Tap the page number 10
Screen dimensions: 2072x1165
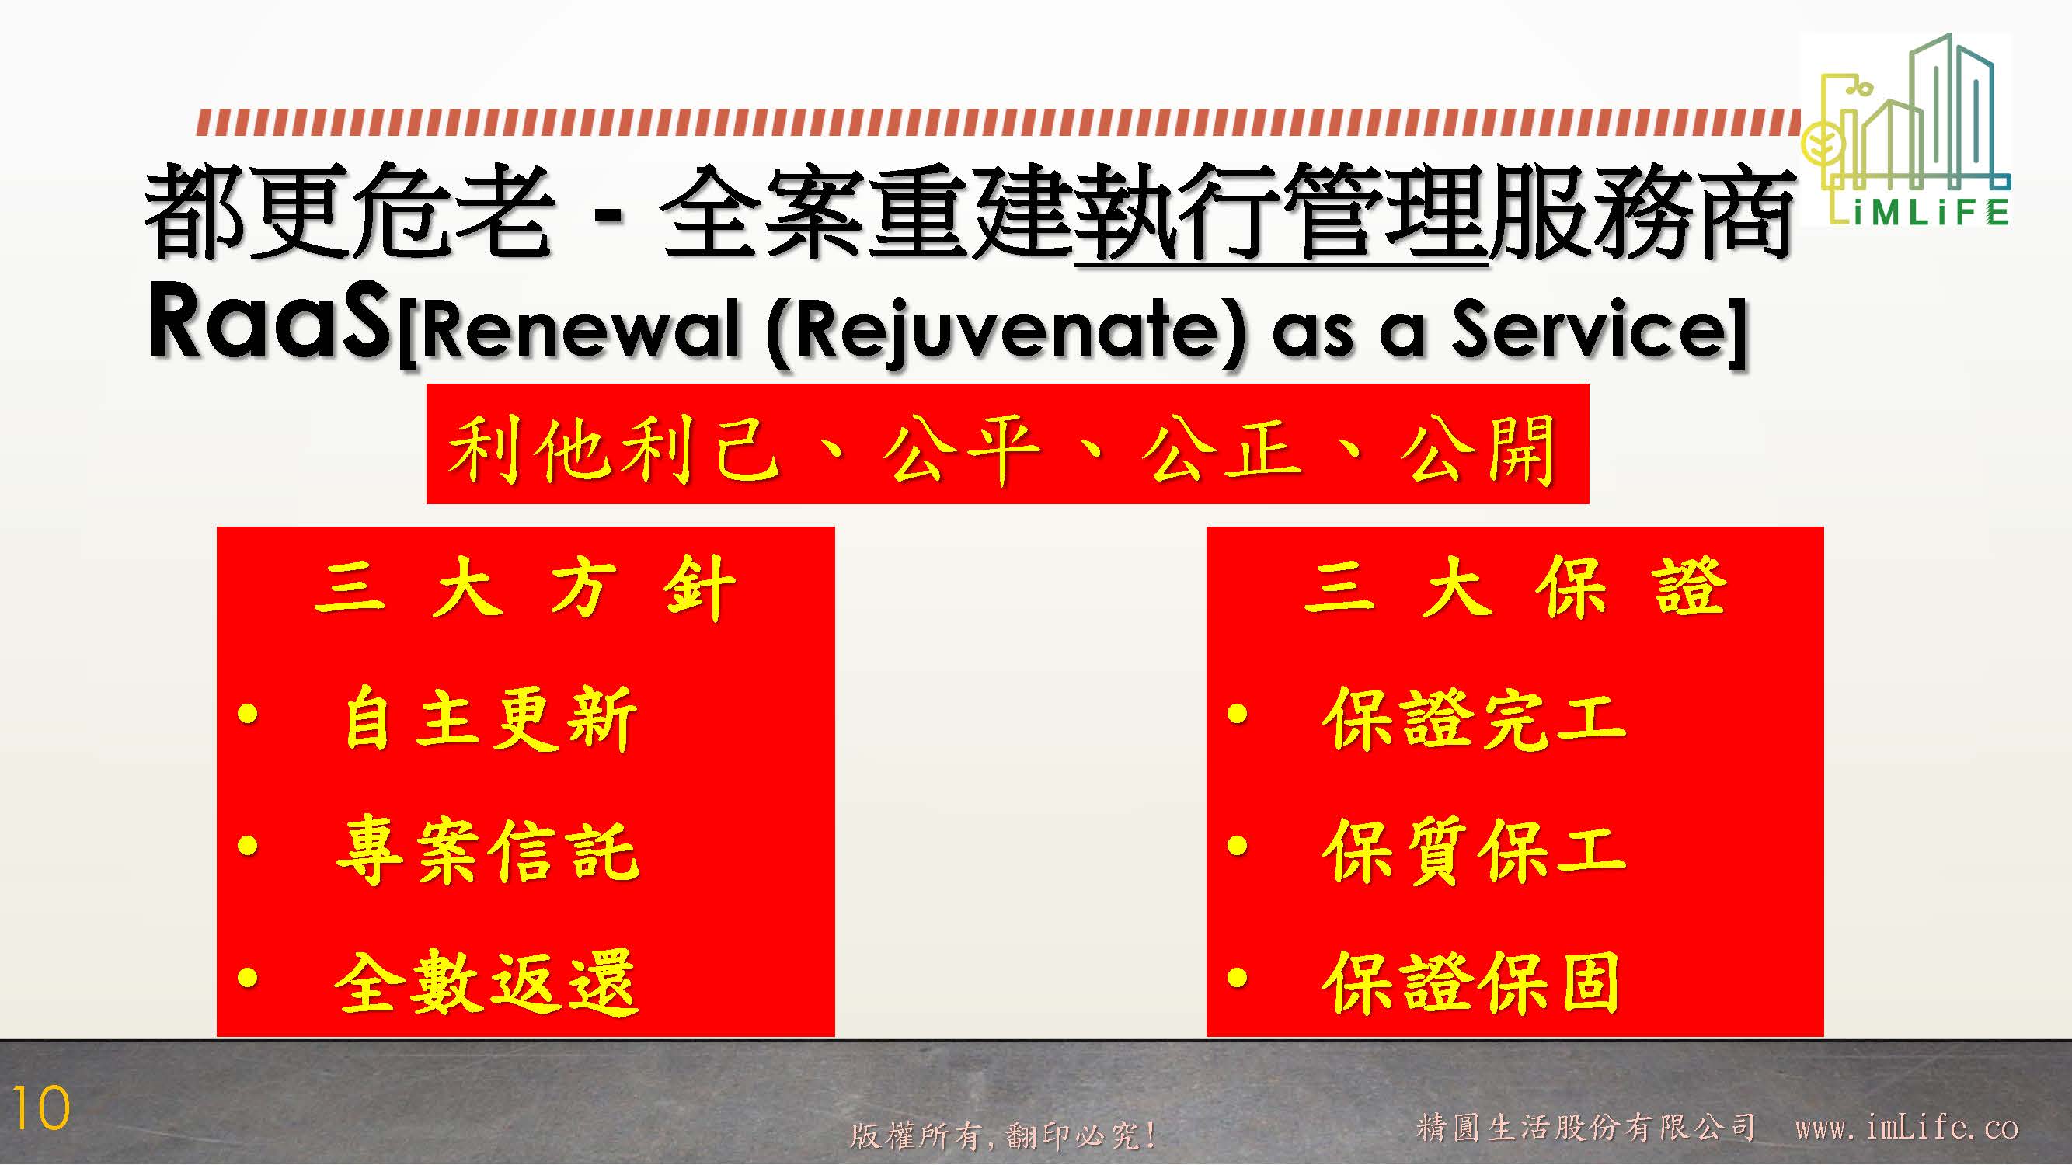[x=41, y=1110]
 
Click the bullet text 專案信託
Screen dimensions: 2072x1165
[x=488, y=850]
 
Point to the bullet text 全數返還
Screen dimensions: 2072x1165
[x=486, y=982]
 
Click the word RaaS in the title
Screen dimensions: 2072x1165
[x=270, y=322]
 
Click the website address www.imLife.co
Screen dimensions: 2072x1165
[x=1907, y=1127]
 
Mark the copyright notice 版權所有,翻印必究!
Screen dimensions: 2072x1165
[x=1003, y=1135]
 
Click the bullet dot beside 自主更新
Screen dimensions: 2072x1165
[x=248, y=714]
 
